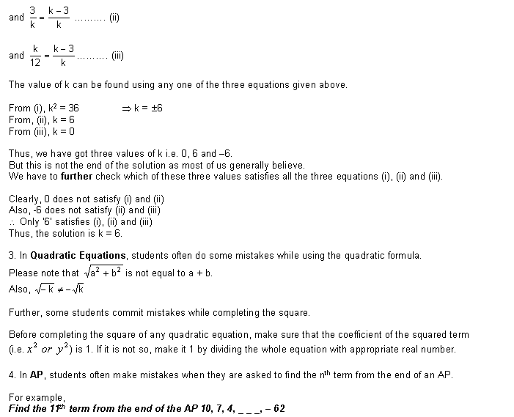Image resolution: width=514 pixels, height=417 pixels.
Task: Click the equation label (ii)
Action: pyautogui.click(x=114, y=18)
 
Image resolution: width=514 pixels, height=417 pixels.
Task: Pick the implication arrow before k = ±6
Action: pyautogui.click(x=126, y=108)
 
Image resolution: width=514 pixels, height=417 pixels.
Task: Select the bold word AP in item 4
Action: pyautogui.click(x=35, y=374)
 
